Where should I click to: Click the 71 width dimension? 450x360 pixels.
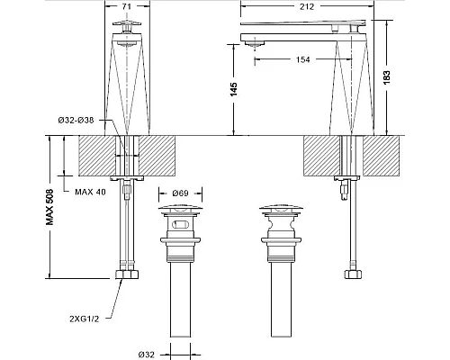point(127,6)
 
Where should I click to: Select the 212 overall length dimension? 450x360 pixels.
point(307,6)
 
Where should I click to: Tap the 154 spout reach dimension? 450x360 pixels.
point(302,59)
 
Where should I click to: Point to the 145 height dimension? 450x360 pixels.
point(234,89)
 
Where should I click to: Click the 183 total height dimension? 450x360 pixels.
point(387,77)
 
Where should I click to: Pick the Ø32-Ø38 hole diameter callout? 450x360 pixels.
point(76,121)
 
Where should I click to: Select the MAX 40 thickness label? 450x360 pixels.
point(90,192)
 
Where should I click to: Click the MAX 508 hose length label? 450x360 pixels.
point(49,207)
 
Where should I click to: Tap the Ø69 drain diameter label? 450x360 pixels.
point(180,193)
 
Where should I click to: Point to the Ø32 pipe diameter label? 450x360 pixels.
point(147,355)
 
